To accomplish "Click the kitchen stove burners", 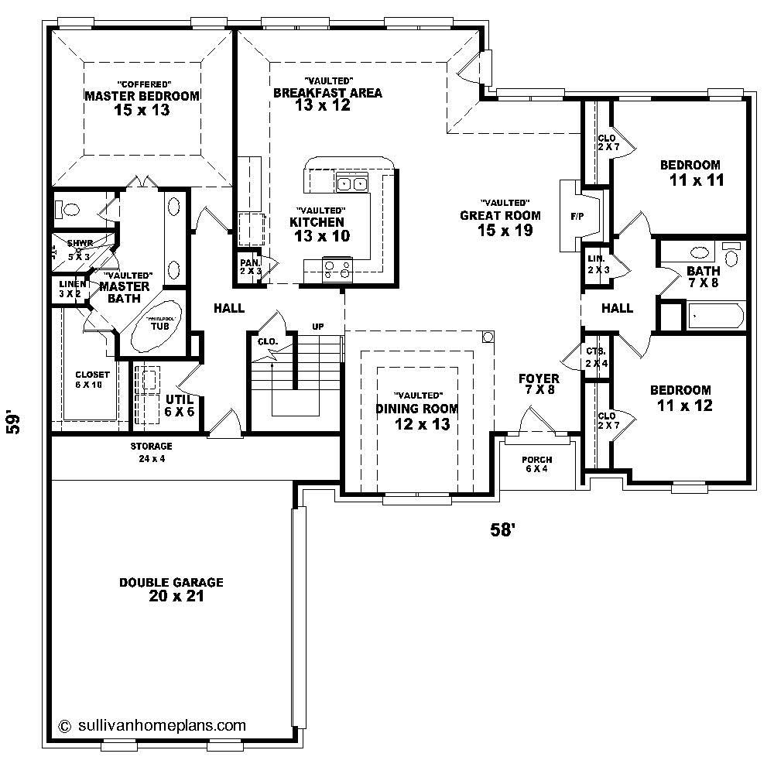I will tap(337, 269).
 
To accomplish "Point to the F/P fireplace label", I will tap(577, 217).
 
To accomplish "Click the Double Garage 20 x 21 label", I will tap(171, 590).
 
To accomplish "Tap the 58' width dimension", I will tap(502, 529).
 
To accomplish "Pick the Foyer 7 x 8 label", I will tap(539, 385).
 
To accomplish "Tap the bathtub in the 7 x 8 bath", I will tap(716, 316).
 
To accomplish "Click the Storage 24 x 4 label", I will tap(151, 452).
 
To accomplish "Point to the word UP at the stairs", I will tap(317, 327).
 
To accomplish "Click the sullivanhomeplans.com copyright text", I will tap(152, 725).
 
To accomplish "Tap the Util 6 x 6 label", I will tap(180, 405).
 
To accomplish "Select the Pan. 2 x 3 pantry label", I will tap(249, 266).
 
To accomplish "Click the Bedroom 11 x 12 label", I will tap(680, 398).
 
